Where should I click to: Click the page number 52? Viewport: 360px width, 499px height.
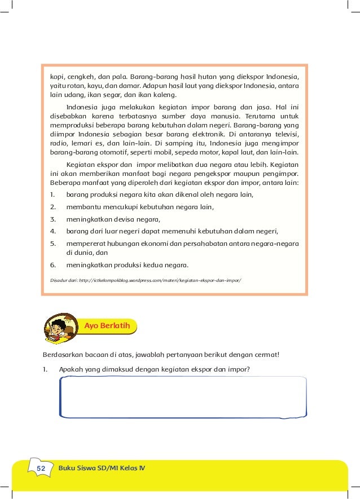coord(41,469)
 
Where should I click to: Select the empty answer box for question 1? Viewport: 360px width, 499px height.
coord(183,397)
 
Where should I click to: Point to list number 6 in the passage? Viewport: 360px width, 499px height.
coord(52,266)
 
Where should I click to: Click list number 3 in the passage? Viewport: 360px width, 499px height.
coord(52,219)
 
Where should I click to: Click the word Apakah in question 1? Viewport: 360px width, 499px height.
coord(71,370)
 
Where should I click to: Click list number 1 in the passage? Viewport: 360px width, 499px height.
coord(52,195)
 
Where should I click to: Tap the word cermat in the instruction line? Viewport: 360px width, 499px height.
coord(264,355)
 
